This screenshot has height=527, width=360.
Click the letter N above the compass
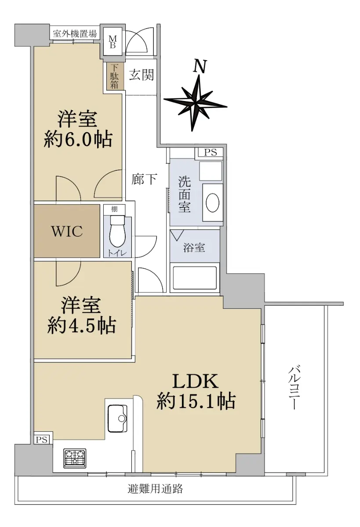tap(200, 66)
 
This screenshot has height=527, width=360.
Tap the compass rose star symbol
tap(196, 103)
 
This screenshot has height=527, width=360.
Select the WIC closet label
tap(67, 231)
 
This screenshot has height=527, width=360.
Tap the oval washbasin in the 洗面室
tap(213, 202)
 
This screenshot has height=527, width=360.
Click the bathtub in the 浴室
tap(195, 278)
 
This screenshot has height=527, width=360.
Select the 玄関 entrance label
tap(142, 75)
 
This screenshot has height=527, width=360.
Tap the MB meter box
tap(113, 42)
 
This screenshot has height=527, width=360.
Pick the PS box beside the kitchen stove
tap(42, 440)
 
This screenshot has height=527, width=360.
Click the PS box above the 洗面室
tap(210, 152)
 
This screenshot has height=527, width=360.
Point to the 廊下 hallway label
tap(144, 179)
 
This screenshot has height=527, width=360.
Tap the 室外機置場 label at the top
tap(75, 34)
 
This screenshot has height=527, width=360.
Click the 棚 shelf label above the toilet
tap(114, 209)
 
